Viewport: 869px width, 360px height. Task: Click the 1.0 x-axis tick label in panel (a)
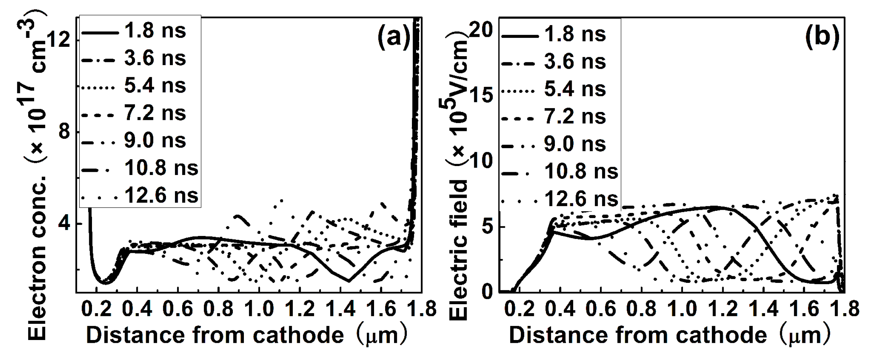click(259, 309)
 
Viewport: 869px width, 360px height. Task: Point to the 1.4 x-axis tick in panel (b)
click(764, 309)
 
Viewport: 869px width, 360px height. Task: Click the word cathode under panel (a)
click(298, 335)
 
